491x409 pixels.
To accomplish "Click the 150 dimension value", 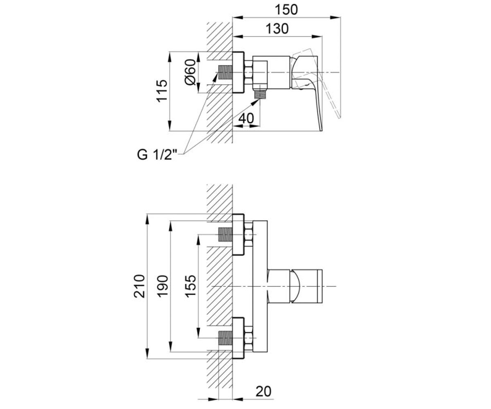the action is click(286, 10).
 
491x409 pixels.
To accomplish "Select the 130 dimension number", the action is click(277, 29).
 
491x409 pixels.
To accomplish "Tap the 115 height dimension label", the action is click(162, 91).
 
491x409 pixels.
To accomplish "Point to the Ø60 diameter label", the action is click(190, 72).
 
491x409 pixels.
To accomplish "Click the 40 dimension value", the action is click(246, 118).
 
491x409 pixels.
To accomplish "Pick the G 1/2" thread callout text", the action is click(157, 155).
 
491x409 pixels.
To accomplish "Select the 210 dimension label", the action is click(139, 286).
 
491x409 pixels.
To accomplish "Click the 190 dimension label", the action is click(163, 286).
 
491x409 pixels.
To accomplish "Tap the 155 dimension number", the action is click(191, 286).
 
